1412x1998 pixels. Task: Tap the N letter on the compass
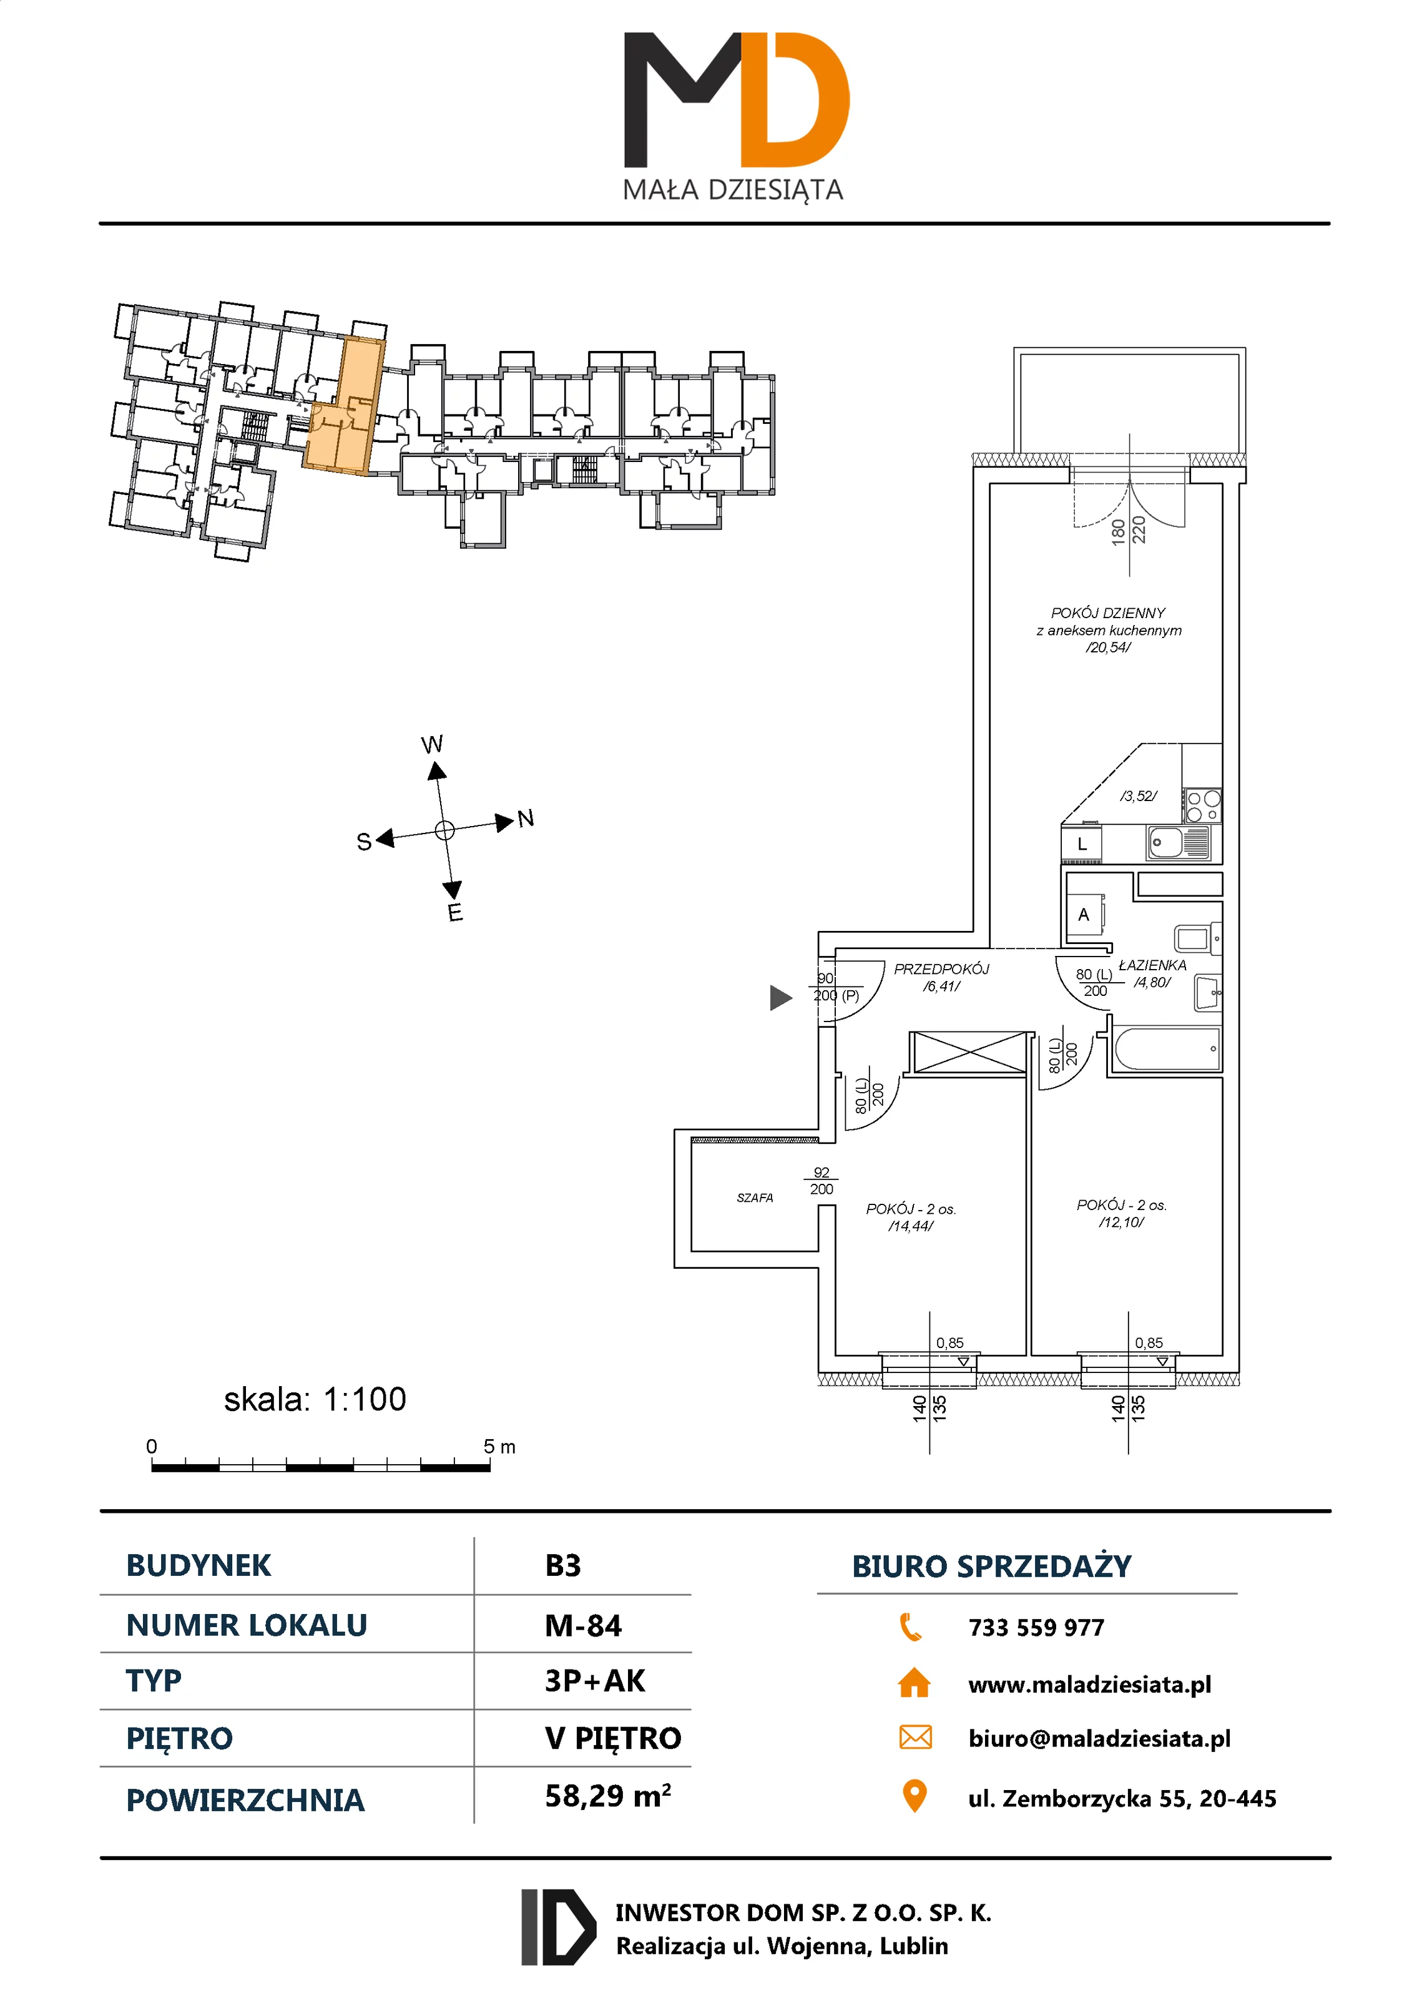526,818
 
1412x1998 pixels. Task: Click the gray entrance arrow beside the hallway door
780,997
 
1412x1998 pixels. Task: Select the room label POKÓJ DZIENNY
1107,613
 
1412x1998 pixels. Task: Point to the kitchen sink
1177,842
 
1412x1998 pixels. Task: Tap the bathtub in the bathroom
1167,1050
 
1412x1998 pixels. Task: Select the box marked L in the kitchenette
1081,844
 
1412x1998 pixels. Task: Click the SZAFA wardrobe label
754,1198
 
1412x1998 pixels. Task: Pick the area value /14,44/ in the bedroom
910,1226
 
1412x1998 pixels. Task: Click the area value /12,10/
1120,1222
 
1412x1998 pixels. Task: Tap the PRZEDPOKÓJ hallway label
941,968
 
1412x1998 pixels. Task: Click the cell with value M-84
583,1625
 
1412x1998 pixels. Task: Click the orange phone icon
910,1626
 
